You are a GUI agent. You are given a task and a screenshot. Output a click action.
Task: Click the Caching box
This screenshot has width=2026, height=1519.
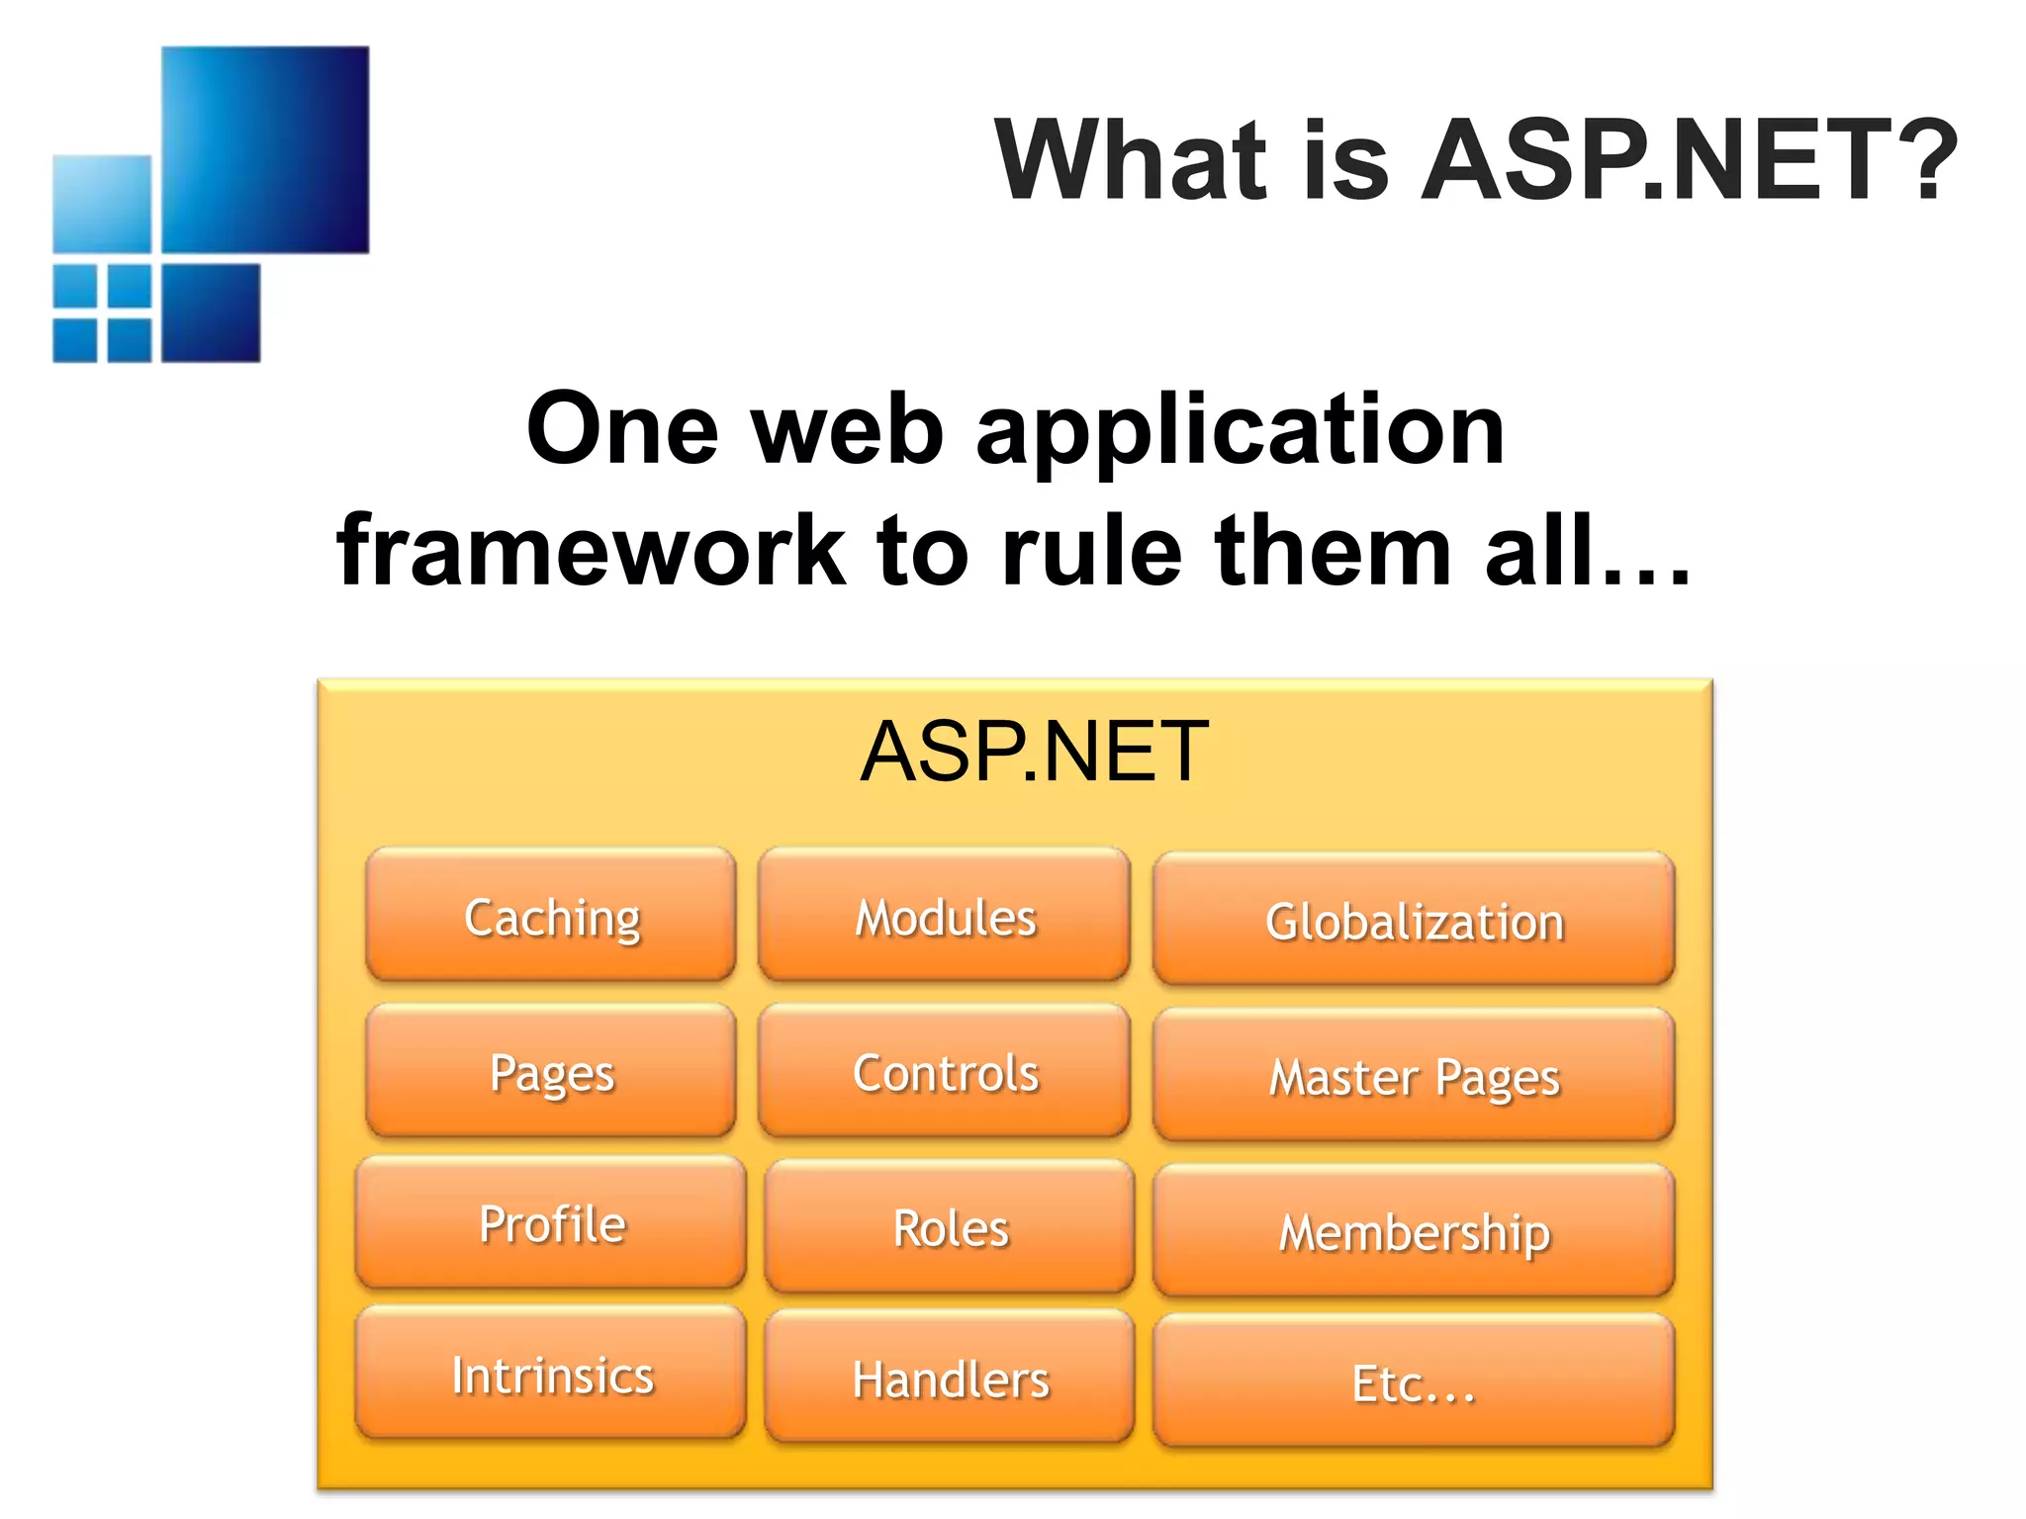coord(551,916)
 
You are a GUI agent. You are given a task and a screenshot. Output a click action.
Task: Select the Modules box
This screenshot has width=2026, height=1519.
coord(945,916)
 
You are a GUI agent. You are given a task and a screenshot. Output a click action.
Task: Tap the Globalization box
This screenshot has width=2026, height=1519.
coord(1414,920)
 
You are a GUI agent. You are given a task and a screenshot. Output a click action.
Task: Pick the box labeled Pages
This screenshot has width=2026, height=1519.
coord(551,1072)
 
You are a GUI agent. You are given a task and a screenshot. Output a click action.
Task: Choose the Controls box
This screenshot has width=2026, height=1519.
coord(945,1072)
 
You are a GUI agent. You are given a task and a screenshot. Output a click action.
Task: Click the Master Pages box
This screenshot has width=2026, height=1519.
coord(1414,1076)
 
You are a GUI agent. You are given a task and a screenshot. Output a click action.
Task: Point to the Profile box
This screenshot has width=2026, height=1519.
coord(551,1223)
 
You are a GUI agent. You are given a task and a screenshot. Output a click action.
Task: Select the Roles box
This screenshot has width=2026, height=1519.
coord(950,1227)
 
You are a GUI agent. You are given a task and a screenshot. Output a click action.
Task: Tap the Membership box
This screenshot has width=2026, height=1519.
coord(1414,1231)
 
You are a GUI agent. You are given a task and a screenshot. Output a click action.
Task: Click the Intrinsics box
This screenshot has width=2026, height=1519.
coord(551,1374)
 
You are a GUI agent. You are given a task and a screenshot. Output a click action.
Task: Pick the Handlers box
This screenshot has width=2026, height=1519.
coord(950,1378)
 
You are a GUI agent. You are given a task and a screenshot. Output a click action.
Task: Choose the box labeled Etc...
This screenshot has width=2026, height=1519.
coord(1414,1382)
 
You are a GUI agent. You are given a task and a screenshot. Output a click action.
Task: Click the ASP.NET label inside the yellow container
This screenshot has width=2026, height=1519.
coord(1034,752)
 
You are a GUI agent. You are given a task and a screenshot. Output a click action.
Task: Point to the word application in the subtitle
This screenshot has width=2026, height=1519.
coord(1241,430)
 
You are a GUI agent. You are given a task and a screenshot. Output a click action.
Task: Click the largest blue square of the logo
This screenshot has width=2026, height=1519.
coord(265,149)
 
